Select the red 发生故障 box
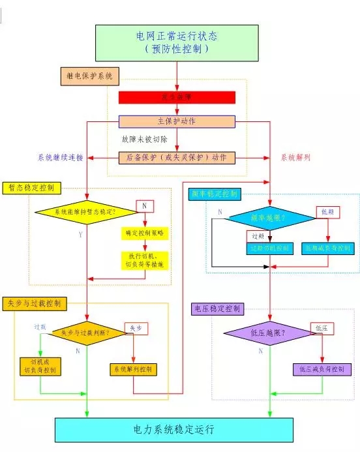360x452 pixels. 177,97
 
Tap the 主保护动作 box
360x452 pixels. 177,121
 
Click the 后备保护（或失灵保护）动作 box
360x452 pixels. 177,157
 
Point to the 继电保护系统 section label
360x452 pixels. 91,76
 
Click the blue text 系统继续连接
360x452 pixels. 61,157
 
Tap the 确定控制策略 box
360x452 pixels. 145,233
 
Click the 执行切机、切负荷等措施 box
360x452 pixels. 145,259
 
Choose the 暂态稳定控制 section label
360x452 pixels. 32,187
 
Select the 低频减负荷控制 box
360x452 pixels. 329,249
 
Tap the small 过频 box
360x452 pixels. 255,235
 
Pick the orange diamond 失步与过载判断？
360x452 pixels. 85,332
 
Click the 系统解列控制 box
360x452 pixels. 133,369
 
